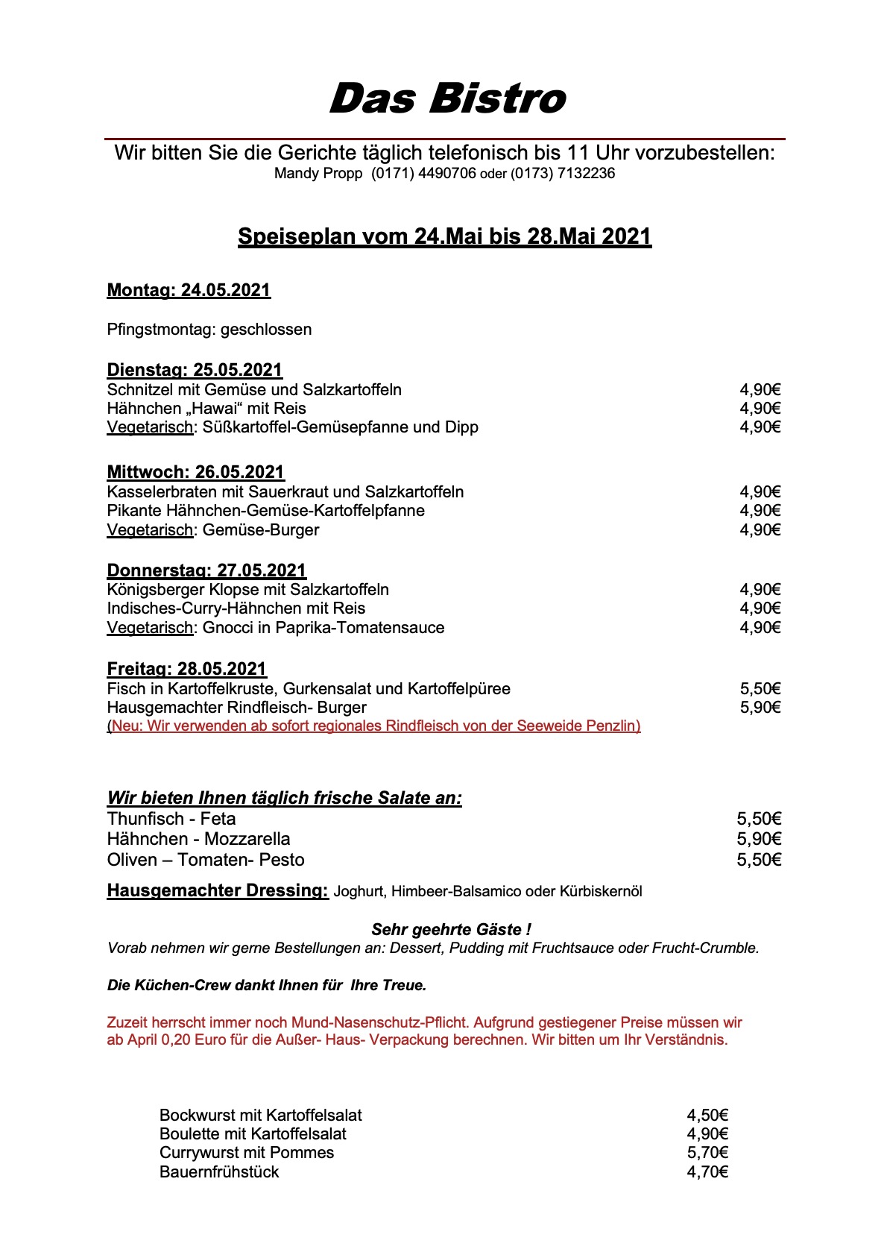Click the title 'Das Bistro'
447,99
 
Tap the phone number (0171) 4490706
423,174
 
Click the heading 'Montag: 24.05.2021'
189,290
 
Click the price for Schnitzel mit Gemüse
760,389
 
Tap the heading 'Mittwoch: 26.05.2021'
195,472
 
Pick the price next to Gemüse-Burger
760,530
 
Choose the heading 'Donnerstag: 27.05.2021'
206,570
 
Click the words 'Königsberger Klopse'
179,590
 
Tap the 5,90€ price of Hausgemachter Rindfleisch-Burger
760,708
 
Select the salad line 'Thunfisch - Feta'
171,819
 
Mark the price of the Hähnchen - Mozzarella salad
759,839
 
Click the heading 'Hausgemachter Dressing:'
218,890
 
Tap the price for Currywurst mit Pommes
707,1153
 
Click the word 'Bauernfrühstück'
219,1172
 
